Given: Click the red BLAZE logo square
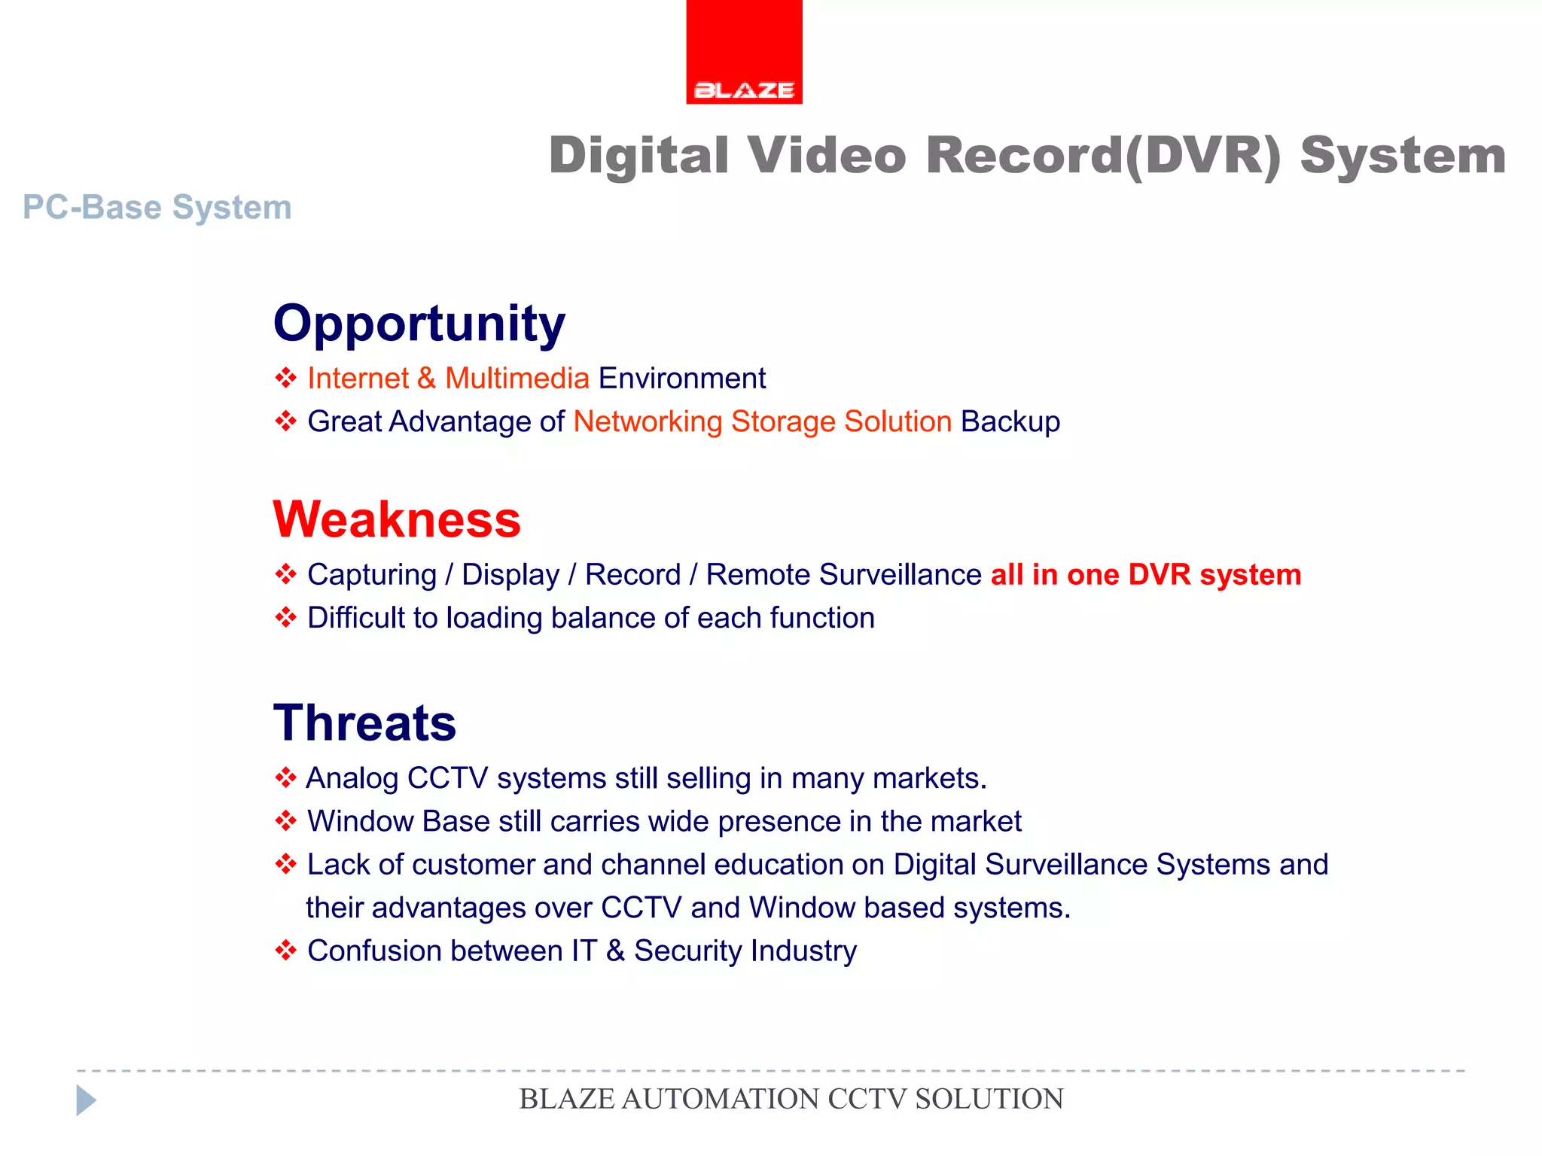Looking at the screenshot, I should [x=744, y=51].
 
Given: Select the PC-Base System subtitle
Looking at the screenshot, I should [x=157, y=207].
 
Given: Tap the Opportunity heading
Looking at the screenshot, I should [x=419, y=324].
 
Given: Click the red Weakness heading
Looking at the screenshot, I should [x=397, y=519].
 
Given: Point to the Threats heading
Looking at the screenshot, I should [x=364, y=722].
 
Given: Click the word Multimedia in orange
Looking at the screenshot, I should [x=517, y=378].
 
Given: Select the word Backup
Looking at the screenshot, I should [x=1010, y=421].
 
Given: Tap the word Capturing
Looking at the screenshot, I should [x=372, y=575].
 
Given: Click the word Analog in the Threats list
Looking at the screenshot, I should [x=352, y=778].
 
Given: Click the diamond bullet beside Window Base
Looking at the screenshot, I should [x=285, y=820].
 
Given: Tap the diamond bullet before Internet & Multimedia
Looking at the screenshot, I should [x=285, y=377].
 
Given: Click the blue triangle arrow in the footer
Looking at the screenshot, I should [x=86, y=1100].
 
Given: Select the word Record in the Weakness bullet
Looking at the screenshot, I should [x=632, y=575].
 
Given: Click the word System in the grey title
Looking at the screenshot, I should [x=1403, y=156].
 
